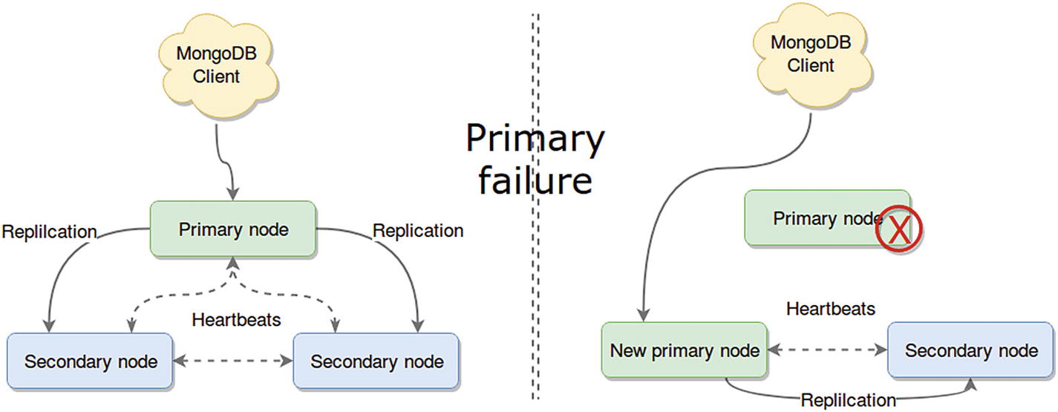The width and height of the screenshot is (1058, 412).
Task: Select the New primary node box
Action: pos(684,350)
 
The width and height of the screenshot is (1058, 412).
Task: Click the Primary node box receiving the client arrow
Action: pos(233,229)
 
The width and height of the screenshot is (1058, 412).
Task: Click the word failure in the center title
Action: pos(535,180)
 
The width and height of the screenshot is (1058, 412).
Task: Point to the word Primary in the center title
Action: pos(535,139)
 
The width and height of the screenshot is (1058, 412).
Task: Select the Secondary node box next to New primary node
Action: pos(971,350)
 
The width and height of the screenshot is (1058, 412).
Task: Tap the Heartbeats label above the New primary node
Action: pos(831,308)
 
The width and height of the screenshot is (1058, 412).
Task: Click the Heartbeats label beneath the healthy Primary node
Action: pos(236,320)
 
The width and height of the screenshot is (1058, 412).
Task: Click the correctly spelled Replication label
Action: pos(418,231)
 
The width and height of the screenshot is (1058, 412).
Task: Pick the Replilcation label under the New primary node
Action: pos(848,400)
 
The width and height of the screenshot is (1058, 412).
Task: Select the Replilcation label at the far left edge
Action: pos(49,232)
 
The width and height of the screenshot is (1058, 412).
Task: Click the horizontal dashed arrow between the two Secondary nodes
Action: pos(233,362)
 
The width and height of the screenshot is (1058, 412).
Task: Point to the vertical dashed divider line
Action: pos(535,297)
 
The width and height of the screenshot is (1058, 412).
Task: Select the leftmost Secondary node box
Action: pos(90,362)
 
